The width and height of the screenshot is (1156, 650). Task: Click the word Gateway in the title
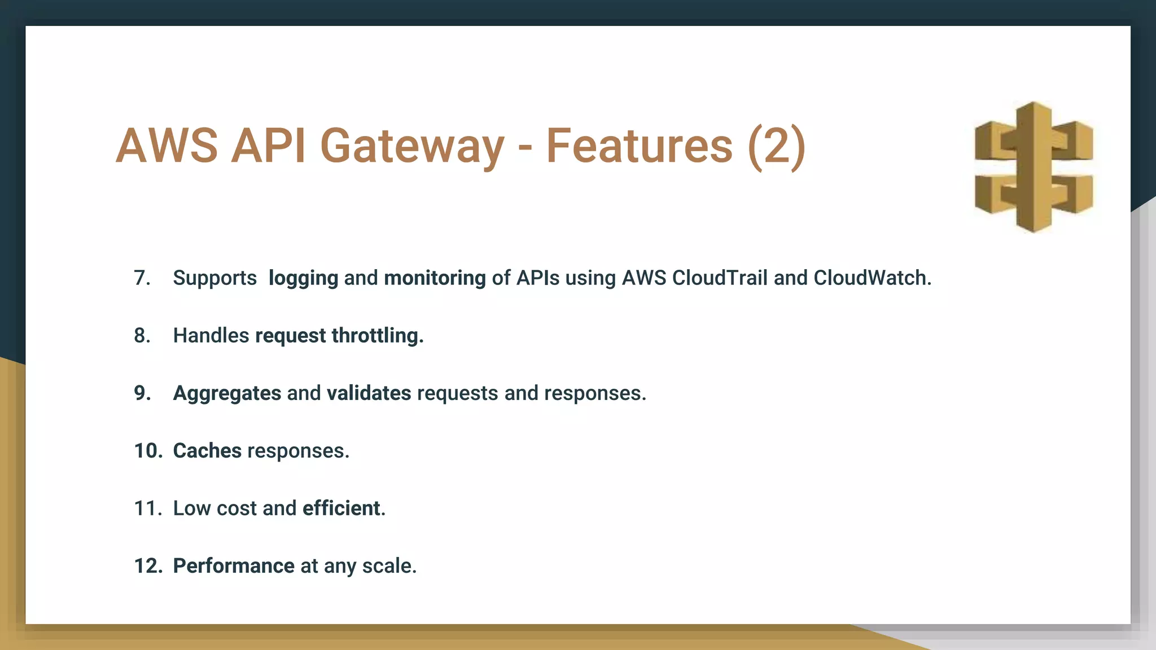pos(411,146)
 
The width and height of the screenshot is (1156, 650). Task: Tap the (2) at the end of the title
pos(777,146)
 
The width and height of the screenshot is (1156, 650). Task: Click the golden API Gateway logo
pos(1034,167)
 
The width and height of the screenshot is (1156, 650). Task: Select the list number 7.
pos(142,278)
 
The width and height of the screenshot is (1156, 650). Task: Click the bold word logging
pos(303,278)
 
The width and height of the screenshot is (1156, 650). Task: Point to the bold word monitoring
pos(435,278)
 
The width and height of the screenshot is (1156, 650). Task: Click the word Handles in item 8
pos(211,336)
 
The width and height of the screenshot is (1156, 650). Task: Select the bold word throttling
pos(377,336)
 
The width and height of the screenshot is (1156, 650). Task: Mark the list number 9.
pos(142,393)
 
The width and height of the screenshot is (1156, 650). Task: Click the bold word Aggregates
pos(227,393)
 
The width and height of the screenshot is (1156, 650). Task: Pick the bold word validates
pos(369,393)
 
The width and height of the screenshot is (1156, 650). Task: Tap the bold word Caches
pos(207,451)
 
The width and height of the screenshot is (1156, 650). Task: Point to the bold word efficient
pos(341,508)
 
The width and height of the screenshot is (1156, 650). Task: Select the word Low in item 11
pos(192,508)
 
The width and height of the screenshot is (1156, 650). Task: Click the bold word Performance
pos(234,566)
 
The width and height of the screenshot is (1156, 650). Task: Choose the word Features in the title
pos(639,146)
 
